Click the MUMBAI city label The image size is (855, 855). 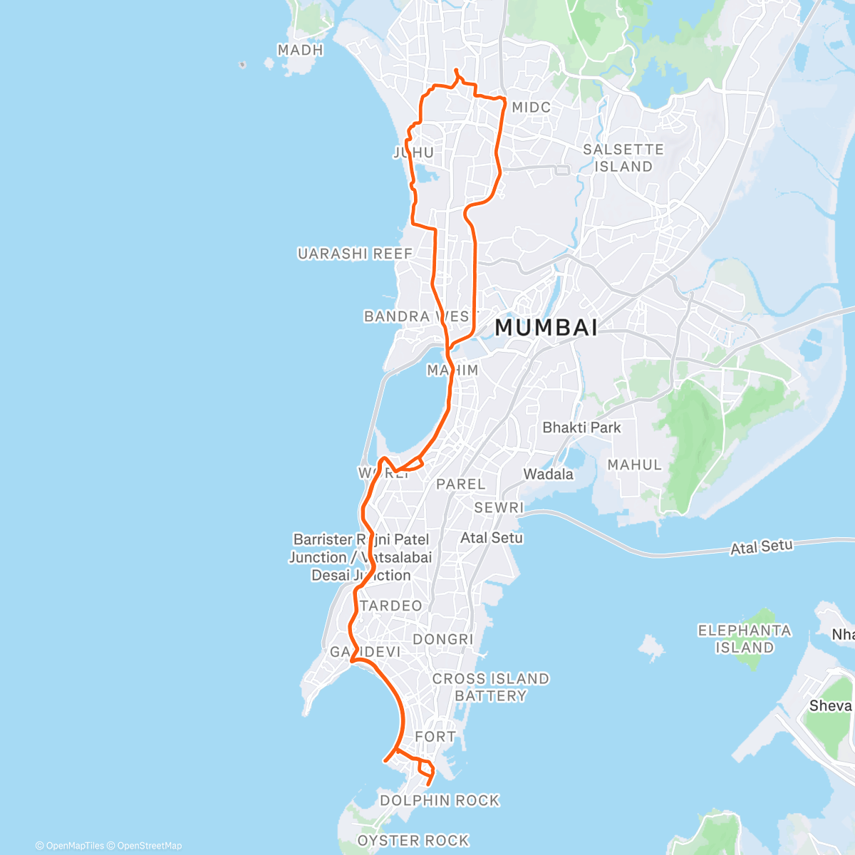(x=546, y=328)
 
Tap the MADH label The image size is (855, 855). (x=300, y=50)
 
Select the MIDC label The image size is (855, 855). (x=532, y=107)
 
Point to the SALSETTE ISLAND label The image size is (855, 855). (x=623, y=157)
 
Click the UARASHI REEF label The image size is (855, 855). (x=355, y=254)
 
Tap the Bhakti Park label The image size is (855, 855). (x=581, y=427)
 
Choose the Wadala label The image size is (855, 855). (x=548, y=474)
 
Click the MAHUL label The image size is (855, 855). (x=634, y=465)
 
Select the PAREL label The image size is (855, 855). (x=460, y=484)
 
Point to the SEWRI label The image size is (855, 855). (x=499, y=507)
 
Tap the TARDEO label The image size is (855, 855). (x=391, y=606)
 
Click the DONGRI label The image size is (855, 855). (x=443, y=639)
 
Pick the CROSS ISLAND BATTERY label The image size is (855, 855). (x=491, y=687)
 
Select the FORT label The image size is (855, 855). (x=435, y=737)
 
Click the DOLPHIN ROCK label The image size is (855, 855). (x=440, y=800)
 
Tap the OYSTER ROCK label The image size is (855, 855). (x=413, y=841)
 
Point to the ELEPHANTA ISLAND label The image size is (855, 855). (x=745, y=638)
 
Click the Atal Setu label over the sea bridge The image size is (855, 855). (x=761, y=547)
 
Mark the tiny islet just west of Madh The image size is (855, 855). (x=242, y=65)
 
